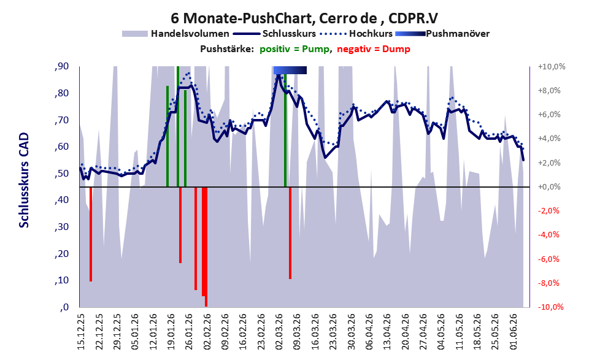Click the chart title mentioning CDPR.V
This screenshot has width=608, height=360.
pos(304,18)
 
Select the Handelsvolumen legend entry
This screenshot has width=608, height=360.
pos(175,34)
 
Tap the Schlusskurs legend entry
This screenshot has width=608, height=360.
pos(274,34)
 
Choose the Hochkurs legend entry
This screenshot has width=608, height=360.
pos(356,34)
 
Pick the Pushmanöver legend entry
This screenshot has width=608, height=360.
pos(442,34)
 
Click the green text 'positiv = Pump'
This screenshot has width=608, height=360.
pos(294,49)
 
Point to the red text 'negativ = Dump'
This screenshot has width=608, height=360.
pos(374,49)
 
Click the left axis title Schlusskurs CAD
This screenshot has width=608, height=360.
pos(24,180)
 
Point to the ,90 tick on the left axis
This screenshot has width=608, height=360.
pos(62,66)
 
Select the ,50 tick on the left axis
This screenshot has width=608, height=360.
pos(62,173)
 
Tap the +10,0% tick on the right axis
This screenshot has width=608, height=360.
pos(552,67)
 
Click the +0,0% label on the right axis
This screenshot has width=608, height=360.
pos(550,187)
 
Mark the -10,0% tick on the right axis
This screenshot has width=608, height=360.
pos(550,307)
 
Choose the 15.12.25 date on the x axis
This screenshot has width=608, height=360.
pos(80,332)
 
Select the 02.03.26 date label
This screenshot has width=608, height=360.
pos(279,332)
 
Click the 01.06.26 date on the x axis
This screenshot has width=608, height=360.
pos(514,332)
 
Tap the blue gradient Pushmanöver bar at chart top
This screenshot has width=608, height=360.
pos(290,70)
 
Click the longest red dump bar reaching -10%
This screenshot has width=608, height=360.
pos(206,247)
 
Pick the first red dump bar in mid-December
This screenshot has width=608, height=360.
pos(91,234)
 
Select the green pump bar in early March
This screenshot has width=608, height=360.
pos(285,131)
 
